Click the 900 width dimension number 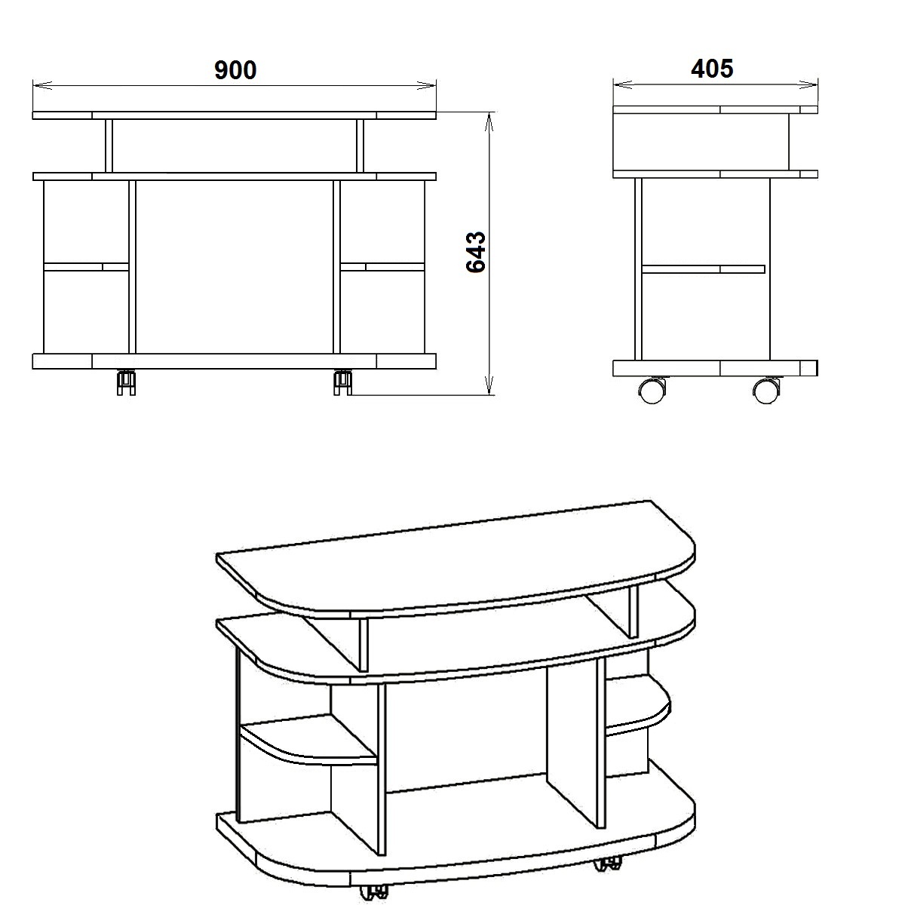click(235, 70)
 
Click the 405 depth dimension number click(712, 69)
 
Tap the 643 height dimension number click(476, 252)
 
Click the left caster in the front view click(127, 382)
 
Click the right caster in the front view click(343, 382)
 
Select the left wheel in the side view click(652, 390)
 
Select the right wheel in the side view click(766, 390)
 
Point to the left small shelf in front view click(87, 267)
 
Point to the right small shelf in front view click(382, 267)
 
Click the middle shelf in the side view click(703, 269)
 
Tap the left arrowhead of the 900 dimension click(42, 85)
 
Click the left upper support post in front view click(109, 146)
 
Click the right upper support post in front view click(360, 146)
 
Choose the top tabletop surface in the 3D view click(456, 559)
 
